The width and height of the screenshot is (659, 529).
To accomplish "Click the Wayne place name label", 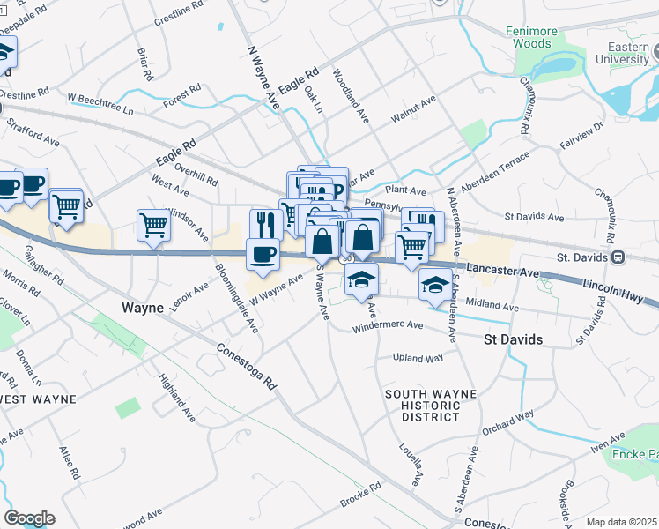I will click(x=142, y=308).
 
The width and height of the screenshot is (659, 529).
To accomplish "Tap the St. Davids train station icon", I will click(x=618, y=257).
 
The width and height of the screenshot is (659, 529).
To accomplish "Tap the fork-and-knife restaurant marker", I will click(x=263, y=224).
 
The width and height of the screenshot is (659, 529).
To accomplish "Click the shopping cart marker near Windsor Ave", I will click(x=153, y=225).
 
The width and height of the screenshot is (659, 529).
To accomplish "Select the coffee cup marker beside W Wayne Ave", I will click(x=263, y=254).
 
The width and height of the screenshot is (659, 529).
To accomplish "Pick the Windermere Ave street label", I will click(x=388, y=326).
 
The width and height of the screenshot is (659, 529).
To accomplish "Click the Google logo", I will click(x=29, y=518).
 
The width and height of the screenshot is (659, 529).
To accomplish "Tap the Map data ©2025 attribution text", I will click(x=621, y=522).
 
